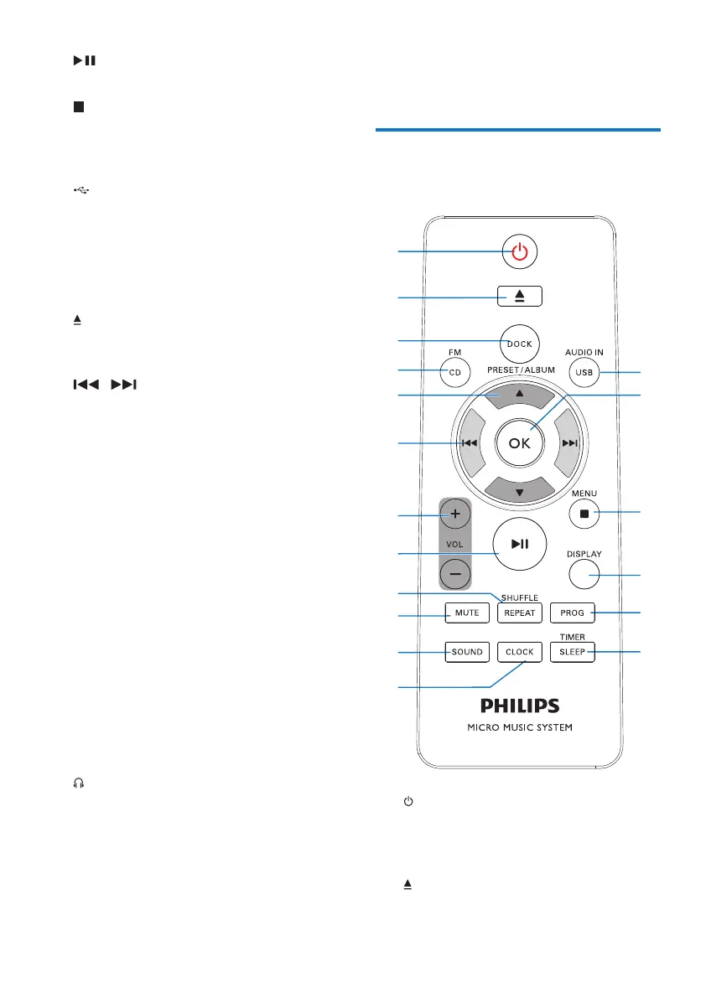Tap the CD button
tap(454, 371)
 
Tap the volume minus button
tap(455, 574)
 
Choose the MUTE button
tap(467, 613)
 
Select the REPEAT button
tap(519, 613)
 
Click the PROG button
tap(572, 613)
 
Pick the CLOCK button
tap(519, 652)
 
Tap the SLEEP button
tap(572, 652)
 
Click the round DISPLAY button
tap(584, 574)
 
